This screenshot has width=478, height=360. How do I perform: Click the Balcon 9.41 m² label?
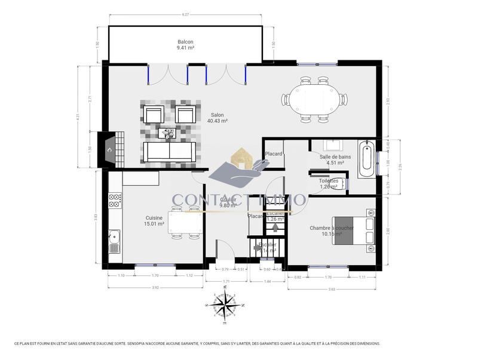point(185,45)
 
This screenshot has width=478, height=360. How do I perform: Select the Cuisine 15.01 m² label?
point(154,221)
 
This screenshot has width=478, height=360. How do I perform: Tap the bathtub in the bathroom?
point(367,159)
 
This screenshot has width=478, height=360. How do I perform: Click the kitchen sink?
point(114,242)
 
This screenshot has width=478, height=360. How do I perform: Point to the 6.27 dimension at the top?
point(186,14)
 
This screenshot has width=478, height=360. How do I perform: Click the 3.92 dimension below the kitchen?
point(155,288)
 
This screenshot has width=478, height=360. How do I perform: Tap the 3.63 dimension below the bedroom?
point(332,288)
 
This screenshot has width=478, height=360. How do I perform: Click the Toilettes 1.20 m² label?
point(329,183)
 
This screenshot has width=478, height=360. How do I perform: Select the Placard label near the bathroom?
point(274,153)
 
